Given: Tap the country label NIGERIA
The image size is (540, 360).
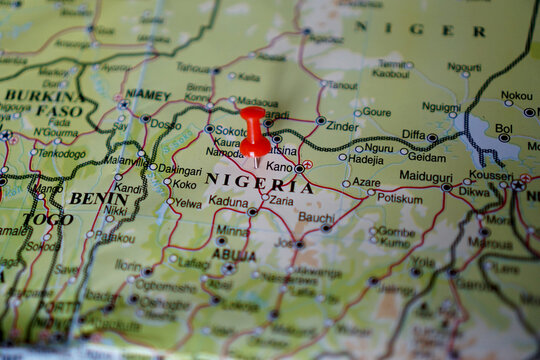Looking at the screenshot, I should pyautogui.click(x=259, y=184).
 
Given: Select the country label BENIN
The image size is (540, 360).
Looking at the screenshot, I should pyautogui.click(x=97, y=199).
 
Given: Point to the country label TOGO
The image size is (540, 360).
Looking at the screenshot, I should pyautogui.click(x=48, y=219).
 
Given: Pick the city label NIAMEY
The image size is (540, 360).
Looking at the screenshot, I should pyautogui.click(x=148, y=95).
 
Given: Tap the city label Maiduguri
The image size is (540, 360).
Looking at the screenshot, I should pyautogui.click(x=426, y=176).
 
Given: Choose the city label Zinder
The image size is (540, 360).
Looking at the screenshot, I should pyautogui.click(x=342, y=127).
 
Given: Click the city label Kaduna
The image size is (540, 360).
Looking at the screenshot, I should pyautogui.click(x=229, y=201).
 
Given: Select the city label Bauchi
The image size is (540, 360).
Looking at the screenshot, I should pyautogui.click(x=316, y=217).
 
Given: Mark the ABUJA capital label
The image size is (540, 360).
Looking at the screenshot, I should pyautogui.click(x=233, y=255).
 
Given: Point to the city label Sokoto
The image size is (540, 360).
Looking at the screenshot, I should pyautogui.click(x=231, y=131).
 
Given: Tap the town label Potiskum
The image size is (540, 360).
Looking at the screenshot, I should pyautogui.click(x=399, y=198).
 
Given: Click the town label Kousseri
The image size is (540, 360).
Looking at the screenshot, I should pyautogui.click(x=491, y=175).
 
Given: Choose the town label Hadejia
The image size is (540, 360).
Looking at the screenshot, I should pyautogui.click(x=366, y=159).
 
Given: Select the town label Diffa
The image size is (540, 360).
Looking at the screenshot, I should pyautogui.click(x=413, y=134).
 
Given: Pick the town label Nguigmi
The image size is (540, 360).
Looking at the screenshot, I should pyautogui.click(x=441, y=106).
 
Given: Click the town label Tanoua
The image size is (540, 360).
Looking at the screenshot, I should pyautogui.click(x=193, y=68).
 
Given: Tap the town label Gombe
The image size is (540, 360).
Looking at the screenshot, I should pyautogui.click(x=397, y=231).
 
